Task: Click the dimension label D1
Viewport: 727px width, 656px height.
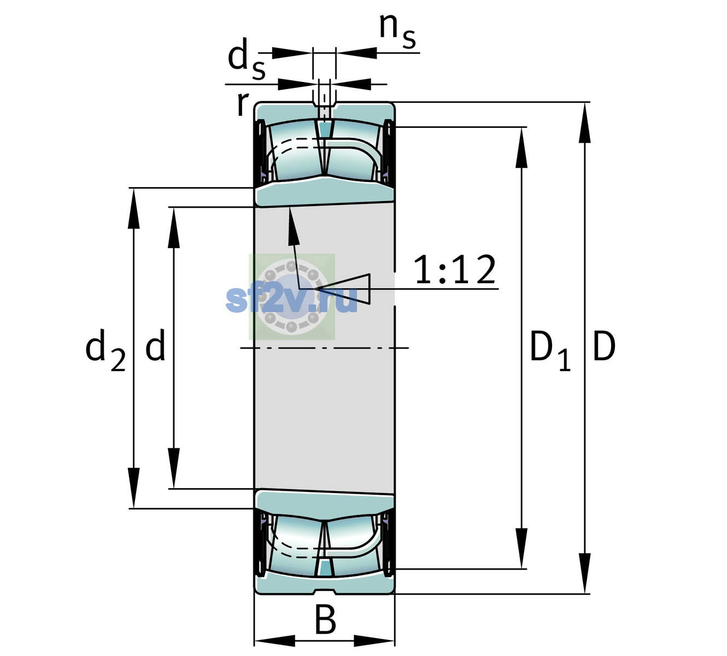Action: coord(550,351)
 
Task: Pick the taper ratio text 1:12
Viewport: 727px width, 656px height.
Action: coord(455,270)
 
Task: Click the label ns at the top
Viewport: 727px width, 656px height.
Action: coord(397,32)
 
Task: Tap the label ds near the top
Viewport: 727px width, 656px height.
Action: coord(247,60)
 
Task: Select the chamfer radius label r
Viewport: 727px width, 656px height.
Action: coord(243,104)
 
